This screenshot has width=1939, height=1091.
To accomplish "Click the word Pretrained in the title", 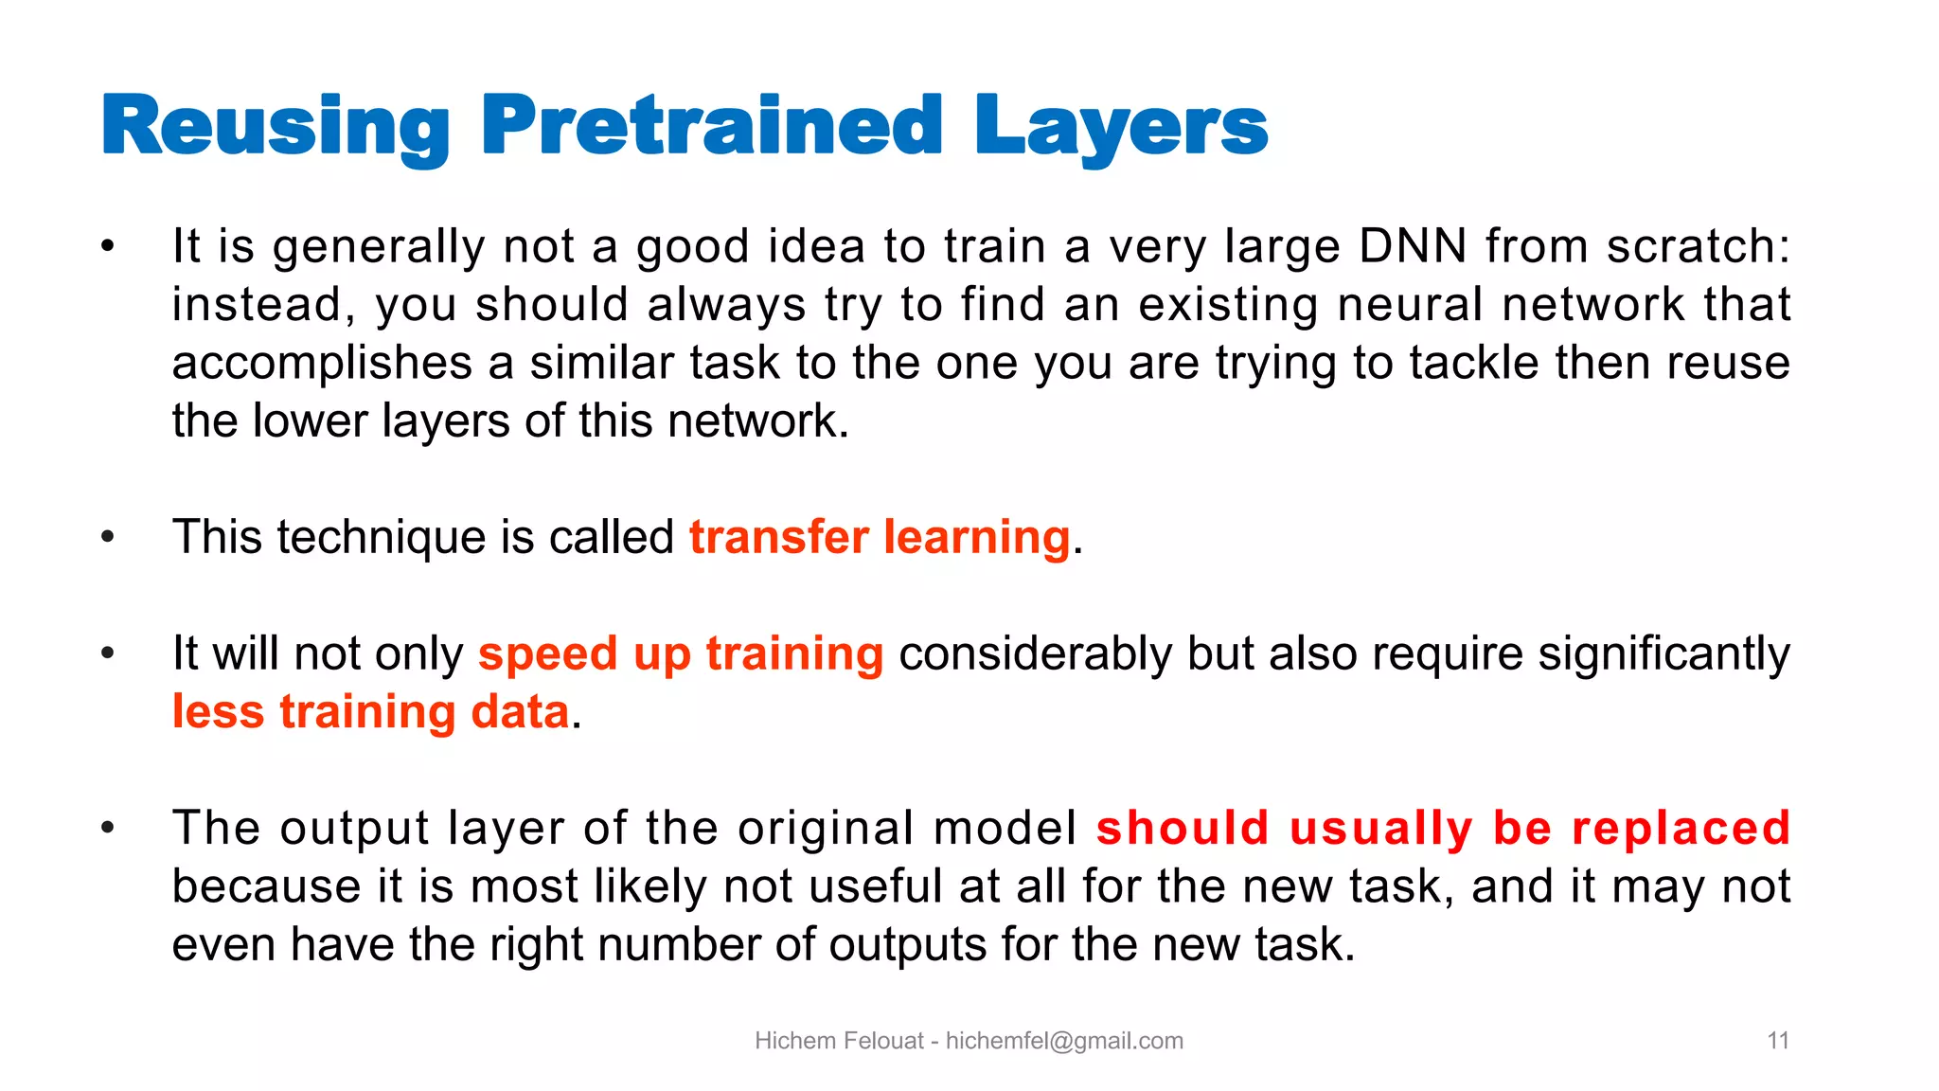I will [711, 126].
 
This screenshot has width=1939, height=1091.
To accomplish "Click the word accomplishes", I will [322, 364].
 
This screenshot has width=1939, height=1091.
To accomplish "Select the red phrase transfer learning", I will [880, 537].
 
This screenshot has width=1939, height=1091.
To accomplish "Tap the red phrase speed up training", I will [681, 653].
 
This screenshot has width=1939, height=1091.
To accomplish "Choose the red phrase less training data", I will [371, 712].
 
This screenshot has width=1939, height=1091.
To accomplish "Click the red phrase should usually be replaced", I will [1443, 828].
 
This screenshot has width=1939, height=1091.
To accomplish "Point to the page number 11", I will [1777, 1041].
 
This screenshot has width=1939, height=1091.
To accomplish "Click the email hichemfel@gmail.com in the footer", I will [1064, 1041].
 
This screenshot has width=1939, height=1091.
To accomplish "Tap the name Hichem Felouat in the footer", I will [838, 1041].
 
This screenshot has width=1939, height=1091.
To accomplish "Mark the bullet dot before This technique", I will [108, 538].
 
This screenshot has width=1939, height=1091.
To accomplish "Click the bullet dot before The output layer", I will [108, 829].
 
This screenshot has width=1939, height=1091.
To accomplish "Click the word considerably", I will [1035, 653].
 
